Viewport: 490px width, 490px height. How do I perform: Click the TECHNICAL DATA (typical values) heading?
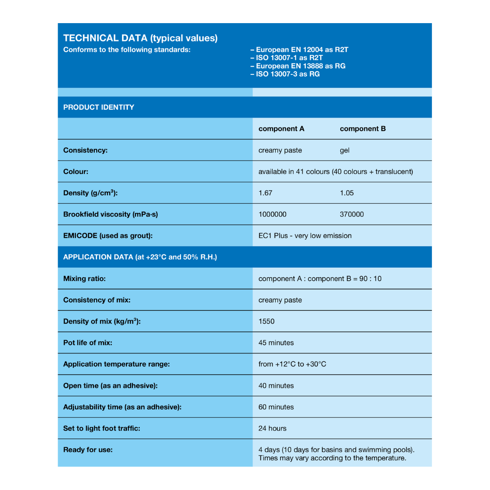[x=140, y=38]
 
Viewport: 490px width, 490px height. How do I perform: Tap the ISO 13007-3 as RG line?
[x=285, y=74]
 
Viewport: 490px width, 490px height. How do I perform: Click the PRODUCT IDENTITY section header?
[x=98, y=107]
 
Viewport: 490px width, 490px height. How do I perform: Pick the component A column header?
[x=281, y=128]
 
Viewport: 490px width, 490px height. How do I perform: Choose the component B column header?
[x=363, y=128]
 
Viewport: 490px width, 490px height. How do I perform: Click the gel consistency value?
[x=344, y=150]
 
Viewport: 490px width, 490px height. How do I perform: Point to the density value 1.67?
[x=265, y=193]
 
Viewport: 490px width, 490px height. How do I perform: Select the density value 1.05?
[x=347, y=193]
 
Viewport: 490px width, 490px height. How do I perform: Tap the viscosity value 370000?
[x=352, y=214]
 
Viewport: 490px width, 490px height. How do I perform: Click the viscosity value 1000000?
[x=272, y=214]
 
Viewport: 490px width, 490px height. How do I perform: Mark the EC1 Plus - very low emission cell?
[x=305, y=235]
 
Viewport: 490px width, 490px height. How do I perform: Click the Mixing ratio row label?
[x=84, y=278]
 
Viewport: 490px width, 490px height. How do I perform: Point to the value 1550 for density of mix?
[x=266, y=321]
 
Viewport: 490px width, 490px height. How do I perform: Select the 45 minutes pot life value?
[x=276, y=343]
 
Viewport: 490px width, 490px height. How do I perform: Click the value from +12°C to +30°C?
[x=292, y=364]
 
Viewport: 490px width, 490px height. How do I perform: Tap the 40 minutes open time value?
[x=276, y=386]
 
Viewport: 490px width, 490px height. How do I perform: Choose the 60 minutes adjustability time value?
[x=276, y=407]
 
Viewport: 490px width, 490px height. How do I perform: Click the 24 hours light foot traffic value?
[x=272, y=428]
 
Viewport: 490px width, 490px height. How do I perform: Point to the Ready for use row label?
[x=88, y=450]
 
